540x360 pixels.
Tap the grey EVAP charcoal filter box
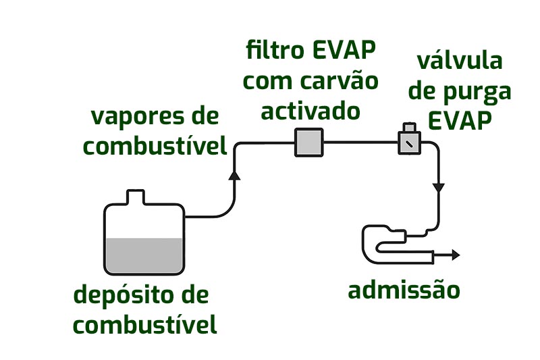click(310, 143)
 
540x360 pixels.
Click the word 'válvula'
click(460, 61)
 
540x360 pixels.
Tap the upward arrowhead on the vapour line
click(234, 175)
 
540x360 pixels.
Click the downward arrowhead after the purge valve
click(439, 186)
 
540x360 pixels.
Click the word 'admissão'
click(404, 290)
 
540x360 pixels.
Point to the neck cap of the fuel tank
click(136, 197)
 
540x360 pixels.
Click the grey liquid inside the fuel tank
click(143, 255)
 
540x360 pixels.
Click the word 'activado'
click(310, 110)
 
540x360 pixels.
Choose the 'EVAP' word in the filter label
click(344, 51)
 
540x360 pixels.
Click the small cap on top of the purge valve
click(408, 127)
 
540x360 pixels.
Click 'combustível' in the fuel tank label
click(145, 326)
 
